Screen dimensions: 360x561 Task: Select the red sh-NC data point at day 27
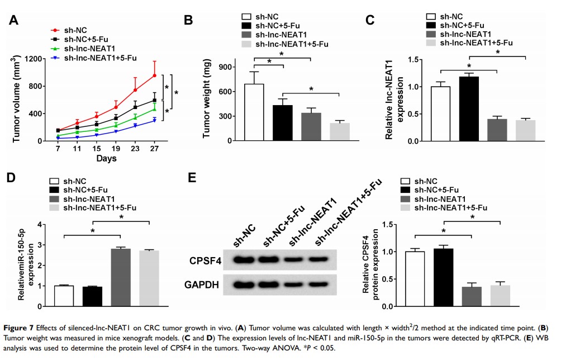[154, 75]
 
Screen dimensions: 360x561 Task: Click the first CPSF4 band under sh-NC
[244, 260]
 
